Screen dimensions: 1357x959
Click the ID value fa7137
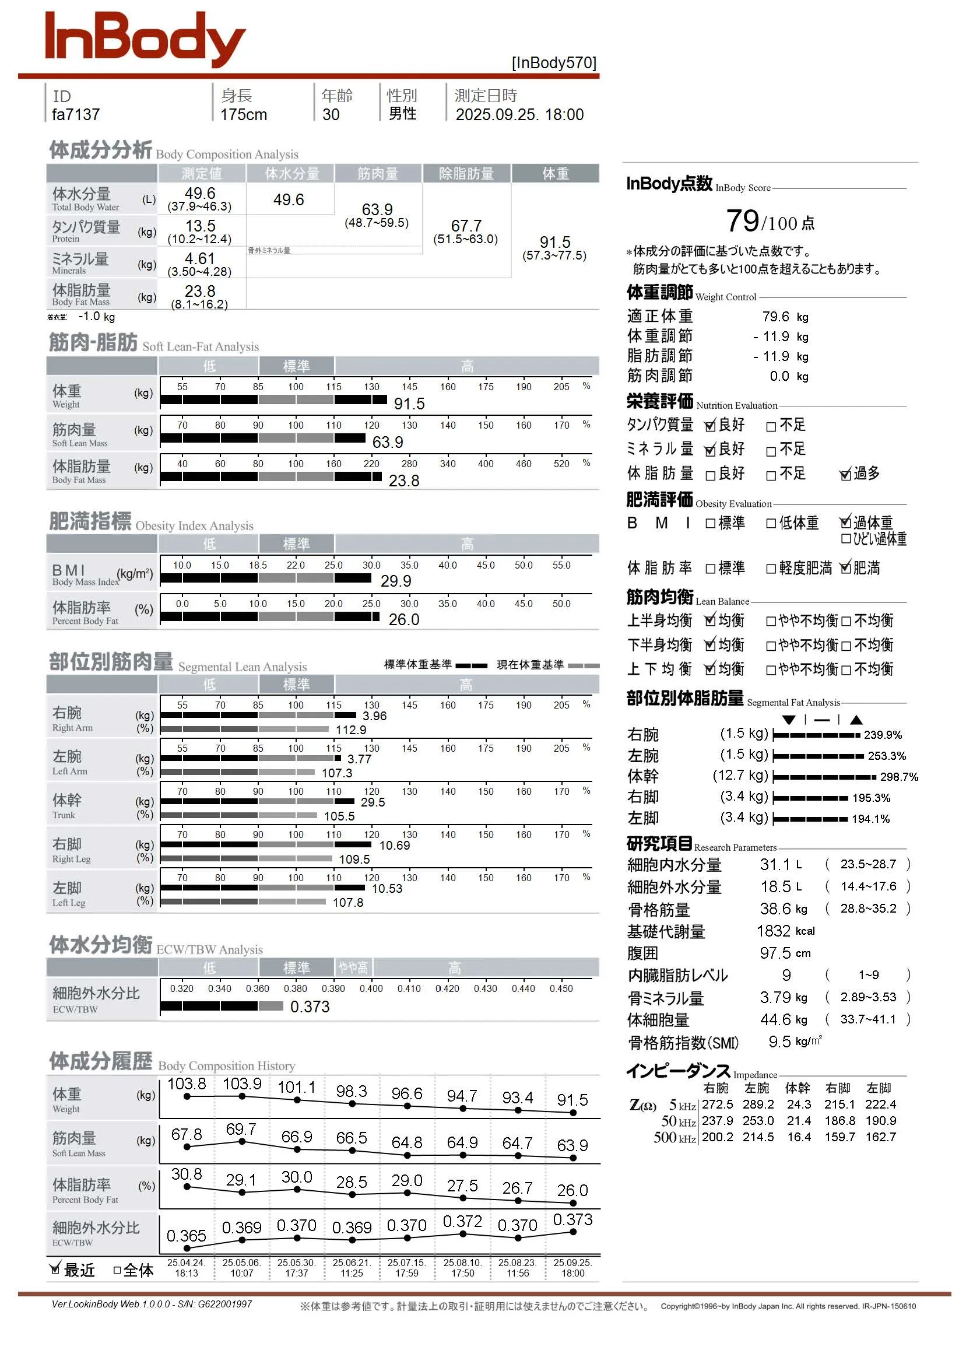click(76, 115)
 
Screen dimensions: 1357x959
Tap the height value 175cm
click(244, 115)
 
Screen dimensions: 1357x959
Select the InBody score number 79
click(742, 221)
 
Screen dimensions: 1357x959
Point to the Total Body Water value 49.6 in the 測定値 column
click(200, 193)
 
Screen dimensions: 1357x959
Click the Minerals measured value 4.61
click(200, 259)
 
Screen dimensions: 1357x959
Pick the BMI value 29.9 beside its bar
click(396, 581)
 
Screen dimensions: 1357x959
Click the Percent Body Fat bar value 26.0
click(403, 620)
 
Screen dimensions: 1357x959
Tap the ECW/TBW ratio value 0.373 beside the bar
click(310, 1007)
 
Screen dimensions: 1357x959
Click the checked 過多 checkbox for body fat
click(845, 475)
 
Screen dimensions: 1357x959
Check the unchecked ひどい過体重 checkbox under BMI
click(845, 538)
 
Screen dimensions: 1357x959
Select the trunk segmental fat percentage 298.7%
click(899, 777)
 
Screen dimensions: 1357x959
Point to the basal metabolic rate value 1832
click(773, 931)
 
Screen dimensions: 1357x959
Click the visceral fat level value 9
click(786, 975)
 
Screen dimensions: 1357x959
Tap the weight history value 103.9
click(242, 1084)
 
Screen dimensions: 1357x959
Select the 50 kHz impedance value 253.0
click(758, 1121)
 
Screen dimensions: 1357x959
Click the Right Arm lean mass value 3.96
click(375, 716)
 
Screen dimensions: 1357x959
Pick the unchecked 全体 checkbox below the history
click(117, 1270)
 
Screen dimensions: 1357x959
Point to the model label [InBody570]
click(554, 63)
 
